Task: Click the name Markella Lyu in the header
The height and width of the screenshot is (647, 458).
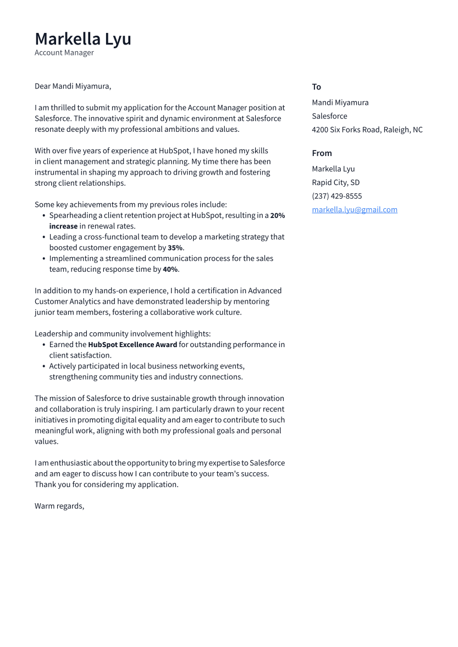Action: click(82, 39)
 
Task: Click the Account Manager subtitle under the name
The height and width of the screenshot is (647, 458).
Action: click(64, 53)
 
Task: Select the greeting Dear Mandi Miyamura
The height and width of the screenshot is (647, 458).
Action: click(73, 86)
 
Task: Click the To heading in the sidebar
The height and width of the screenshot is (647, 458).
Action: click(316, 87)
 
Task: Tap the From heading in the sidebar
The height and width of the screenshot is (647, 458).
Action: click(322, 153)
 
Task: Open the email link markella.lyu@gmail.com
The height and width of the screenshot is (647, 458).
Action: click(354, 210)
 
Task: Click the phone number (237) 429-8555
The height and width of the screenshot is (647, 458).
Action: click(336, 196)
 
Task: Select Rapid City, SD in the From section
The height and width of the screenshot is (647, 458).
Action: click(335, 182)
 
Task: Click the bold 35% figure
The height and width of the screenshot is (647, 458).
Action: click(175, 248)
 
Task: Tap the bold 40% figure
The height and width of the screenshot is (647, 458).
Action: click(170, 269)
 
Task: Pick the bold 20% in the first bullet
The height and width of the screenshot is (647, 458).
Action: click(277, 216)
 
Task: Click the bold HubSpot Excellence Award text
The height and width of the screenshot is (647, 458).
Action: click(133, 345)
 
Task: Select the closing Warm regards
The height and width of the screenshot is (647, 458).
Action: click(59, 506)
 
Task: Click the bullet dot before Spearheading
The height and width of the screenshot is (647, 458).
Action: click(43, 216)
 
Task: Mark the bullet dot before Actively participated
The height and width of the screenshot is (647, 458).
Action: click(43, 366)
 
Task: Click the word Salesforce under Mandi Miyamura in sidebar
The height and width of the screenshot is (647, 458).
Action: click(329, 116)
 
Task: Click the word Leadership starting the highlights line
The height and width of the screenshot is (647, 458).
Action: click(53, 334)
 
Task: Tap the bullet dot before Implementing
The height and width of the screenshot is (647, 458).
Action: click(43, 259)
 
